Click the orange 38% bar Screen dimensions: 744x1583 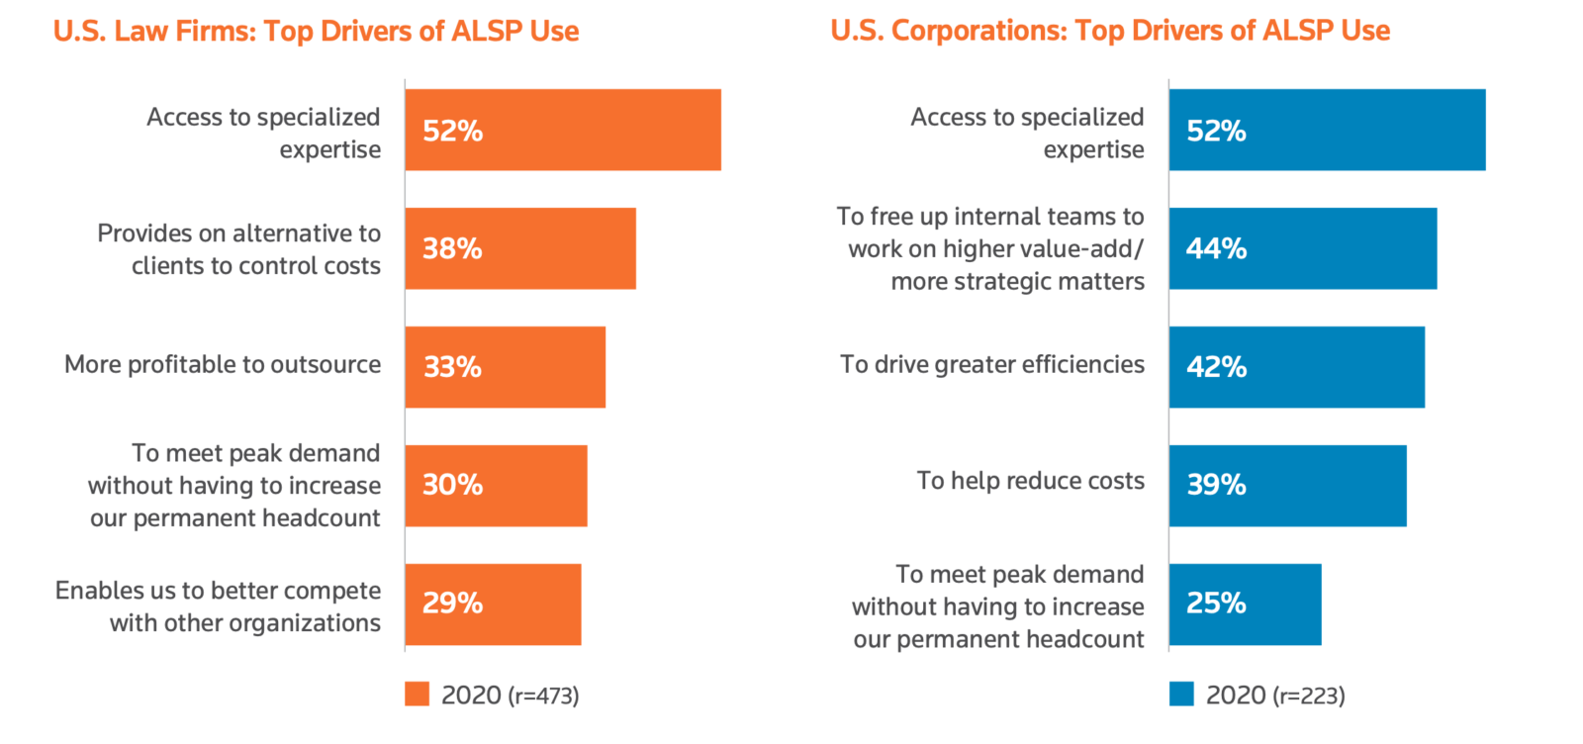pos(520,248)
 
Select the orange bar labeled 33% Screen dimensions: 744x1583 pos(506,367)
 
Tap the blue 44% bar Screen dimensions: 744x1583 pos(1303,248)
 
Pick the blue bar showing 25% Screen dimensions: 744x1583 pos(1245,604)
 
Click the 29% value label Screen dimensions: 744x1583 pos(452,604)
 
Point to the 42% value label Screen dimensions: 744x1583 pos(1216,367)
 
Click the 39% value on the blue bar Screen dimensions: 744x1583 pos(1216,485)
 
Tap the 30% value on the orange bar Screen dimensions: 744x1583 pos(452,485)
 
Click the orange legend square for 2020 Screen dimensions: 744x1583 pos(418,694)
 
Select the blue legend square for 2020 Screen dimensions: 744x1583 pos(1181,694)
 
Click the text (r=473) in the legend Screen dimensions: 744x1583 pos(543,696)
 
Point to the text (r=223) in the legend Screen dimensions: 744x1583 pos(1309,696)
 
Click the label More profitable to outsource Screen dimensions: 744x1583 pos(223,364)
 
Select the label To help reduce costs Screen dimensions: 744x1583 pos(1030,481)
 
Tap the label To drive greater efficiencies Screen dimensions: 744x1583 pos(992,364)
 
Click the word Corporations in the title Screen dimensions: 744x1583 pos(978,32)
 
